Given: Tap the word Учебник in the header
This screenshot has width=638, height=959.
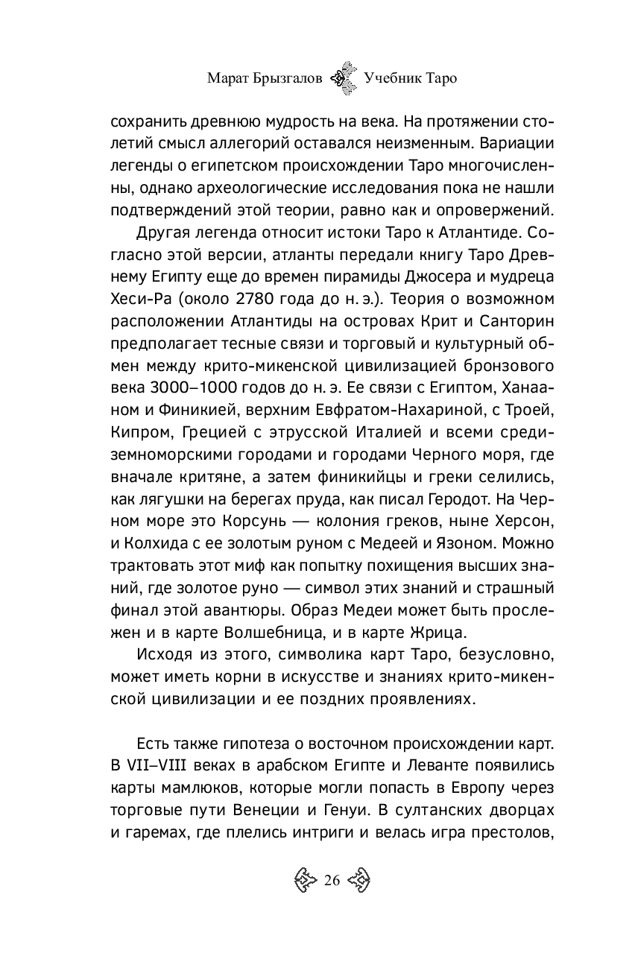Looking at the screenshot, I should point(394,77).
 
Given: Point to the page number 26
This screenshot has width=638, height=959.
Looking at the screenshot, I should point(332,881).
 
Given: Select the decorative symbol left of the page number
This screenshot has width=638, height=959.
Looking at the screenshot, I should point(306,881).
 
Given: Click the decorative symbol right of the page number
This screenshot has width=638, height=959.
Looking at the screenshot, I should point(359,881).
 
